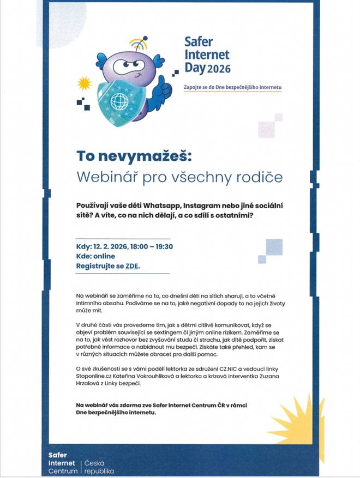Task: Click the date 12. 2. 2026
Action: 110,246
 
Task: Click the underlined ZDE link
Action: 132,267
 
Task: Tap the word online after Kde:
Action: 105,256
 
